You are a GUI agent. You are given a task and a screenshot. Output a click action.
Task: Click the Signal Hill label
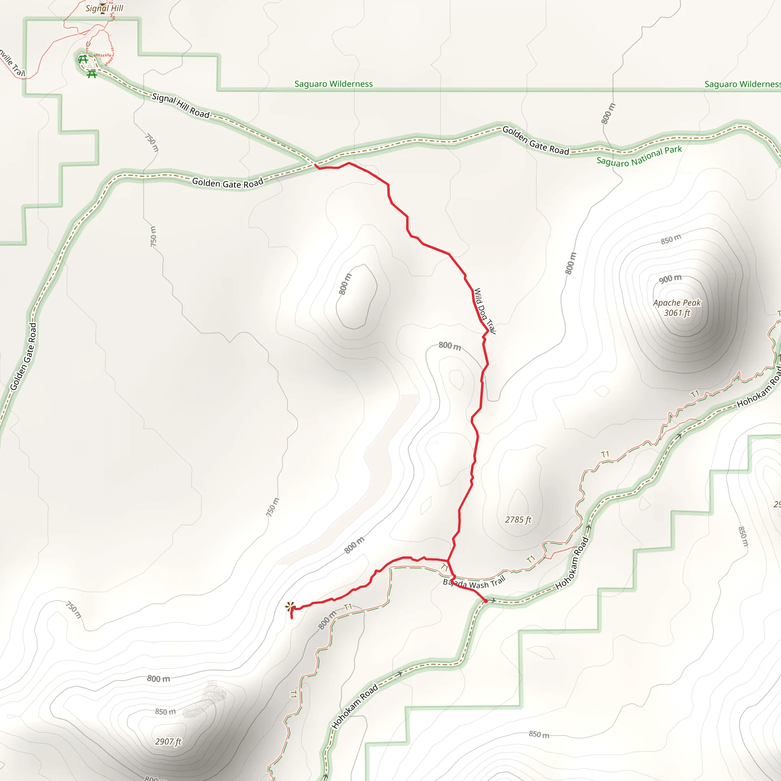point(104,8)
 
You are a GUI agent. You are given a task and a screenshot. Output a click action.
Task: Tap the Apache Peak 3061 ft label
point(677,308)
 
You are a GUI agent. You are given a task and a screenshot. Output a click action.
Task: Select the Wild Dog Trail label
point(484,310)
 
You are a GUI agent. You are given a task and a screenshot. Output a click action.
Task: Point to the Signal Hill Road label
point(181,106)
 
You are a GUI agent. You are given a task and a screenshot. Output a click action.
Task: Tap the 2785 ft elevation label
point(518,520)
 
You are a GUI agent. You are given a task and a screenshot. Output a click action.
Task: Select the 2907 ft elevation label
point(168,741)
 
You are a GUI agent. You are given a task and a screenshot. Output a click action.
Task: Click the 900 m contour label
point(670,279)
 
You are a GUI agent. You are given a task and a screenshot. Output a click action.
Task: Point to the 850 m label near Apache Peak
point(671,239)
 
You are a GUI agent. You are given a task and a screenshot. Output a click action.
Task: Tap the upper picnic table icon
point(83,60)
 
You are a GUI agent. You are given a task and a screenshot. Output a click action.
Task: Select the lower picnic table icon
point(92,74)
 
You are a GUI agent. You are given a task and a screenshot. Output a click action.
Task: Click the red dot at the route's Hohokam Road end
point(485,601)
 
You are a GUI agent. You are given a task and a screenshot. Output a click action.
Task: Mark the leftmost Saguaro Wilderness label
point(334,84)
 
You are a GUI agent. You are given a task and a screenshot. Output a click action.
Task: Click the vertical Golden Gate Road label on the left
point(23,357)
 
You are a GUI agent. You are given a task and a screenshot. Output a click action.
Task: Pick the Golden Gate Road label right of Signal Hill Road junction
point(536,141)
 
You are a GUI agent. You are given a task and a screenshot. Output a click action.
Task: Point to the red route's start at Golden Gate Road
point(315,164)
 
